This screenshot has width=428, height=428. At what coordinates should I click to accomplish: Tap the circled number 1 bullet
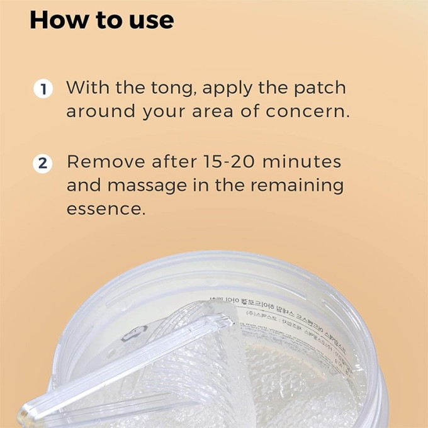click(x=42, y=88)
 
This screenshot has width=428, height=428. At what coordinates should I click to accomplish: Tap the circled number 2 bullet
click(x=42, y=163)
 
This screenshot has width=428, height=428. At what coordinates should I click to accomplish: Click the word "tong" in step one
click(x=175, y=87)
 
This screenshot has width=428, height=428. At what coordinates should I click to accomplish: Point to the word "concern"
click(x=306, y=112)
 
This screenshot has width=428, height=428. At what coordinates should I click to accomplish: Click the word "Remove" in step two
click(x=106, y=162)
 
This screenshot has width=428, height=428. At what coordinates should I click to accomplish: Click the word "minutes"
click(x=301, y=162)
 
